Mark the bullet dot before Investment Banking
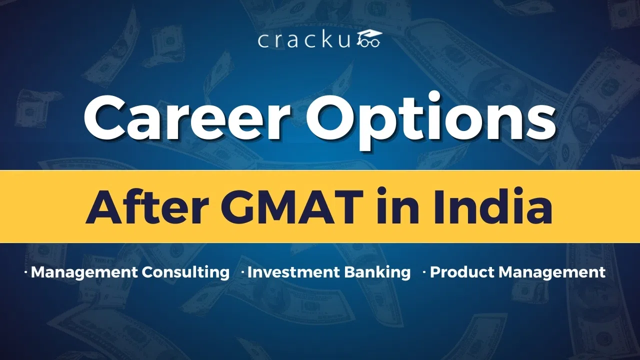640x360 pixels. (x=243, y=272)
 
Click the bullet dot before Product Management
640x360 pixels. (x=424, y=272)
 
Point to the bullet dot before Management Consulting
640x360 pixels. (x=26, y=272)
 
